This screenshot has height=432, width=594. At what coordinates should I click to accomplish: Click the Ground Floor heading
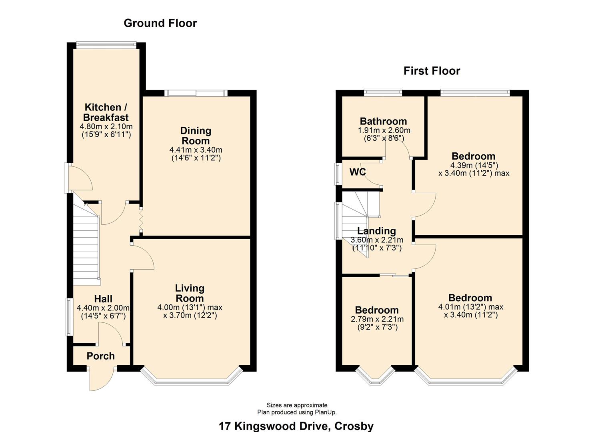click(x=160, y=23)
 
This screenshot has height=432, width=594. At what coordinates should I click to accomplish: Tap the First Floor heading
click(x=432, y=71)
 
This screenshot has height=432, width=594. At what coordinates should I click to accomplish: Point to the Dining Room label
click(x=196, y=136)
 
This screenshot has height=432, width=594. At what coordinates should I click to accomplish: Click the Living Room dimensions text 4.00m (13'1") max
click(x=190, y=308)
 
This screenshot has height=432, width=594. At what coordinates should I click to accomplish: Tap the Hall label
click(x=103, y=299)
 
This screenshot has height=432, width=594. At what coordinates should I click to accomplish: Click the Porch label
click(x=100, y=356)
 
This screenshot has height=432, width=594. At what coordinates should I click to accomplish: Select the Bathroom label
click(x=383, y=121)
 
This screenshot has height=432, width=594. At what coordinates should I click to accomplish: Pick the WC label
click(x=357, y=172)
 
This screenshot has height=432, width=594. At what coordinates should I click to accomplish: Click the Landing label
click(x=376, y=231)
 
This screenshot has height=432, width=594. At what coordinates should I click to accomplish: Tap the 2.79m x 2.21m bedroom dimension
click(x=377, y=319)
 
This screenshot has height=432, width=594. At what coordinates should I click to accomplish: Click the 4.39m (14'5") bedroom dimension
click(x=474, y=165)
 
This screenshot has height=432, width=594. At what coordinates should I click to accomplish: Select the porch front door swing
click(x=101, y=379)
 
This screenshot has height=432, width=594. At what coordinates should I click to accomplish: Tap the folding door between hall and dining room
click(x=141, y=220)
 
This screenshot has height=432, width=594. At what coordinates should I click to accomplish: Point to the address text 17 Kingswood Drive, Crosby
click(x=296, y=426)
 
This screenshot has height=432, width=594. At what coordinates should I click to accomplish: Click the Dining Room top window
click(x=196, y=93)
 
